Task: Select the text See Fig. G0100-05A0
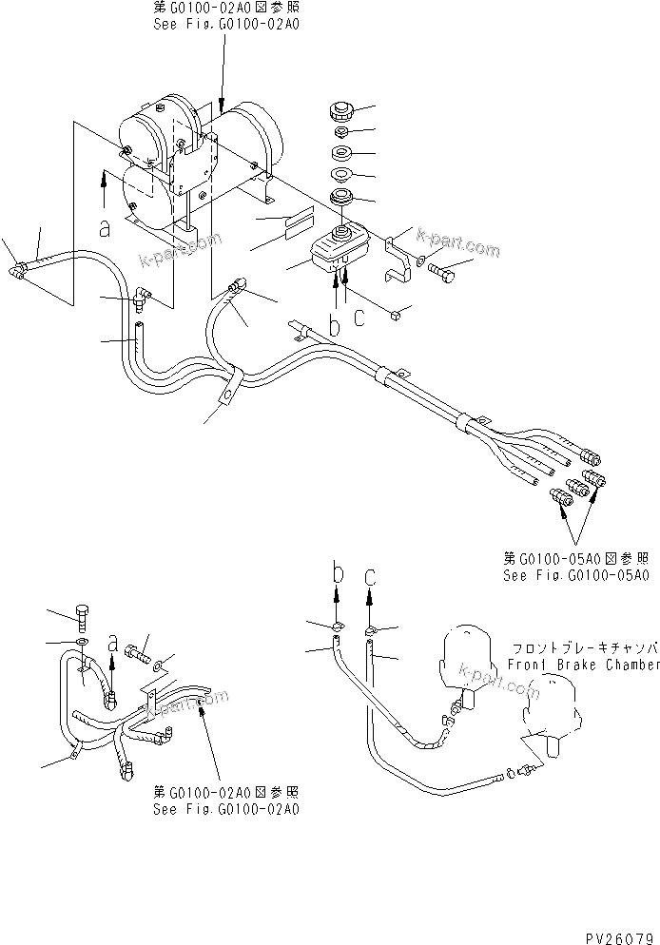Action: coord(576,576)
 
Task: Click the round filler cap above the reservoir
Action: coord(338,111)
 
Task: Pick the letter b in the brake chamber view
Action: coord(336,573)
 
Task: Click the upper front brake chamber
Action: coord(468,657)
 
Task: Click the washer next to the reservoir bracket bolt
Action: coord(421,261)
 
